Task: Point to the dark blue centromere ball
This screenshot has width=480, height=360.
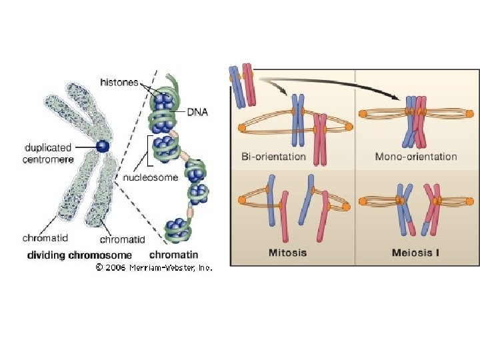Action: click(102, 146)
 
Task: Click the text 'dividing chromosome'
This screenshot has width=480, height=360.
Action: click(79, 255)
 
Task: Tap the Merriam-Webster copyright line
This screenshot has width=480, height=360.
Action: click(153, 267)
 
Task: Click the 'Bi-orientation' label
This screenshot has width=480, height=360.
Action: click(274, 157)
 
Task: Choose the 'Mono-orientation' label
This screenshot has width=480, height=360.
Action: click(416, 157)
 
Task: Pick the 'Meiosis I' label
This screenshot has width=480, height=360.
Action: click(416, 253)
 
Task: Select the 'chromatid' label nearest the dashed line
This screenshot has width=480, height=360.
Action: click(122, 239)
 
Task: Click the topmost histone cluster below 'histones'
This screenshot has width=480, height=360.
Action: click(163, 101)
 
